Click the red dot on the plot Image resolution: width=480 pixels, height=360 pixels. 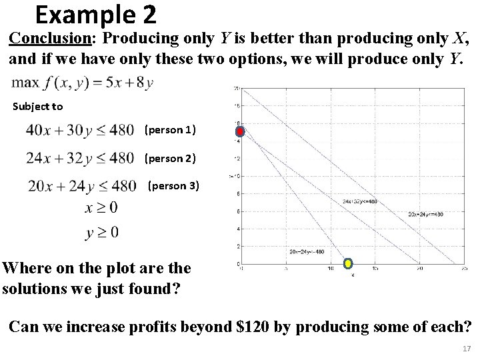240,131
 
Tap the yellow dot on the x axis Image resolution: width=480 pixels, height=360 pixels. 348,264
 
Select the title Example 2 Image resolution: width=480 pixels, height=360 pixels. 96,13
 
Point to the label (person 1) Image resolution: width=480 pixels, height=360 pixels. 170,130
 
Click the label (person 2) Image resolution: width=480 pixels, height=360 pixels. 170,158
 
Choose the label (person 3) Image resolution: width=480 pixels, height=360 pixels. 173,185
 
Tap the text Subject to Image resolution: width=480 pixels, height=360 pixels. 38,107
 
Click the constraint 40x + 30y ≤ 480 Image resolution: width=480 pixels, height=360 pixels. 79,131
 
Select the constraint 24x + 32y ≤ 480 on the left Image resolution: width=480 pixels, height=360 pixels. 79,159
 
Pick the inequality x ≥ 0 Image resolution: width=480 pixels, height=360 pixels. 101,208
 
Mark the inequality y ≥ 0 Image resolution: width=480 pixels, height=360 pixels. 101,232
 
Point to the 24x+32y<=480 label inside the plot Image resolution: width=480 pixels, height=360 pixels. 360,201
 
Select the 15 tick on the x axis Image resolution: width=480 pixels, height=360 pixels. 375,269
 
